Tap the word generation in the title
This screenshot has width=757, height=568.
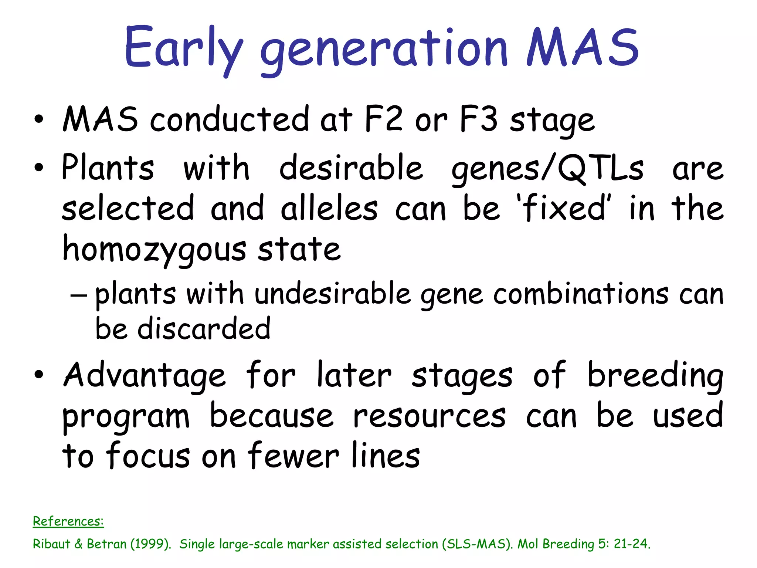tap(384, 50)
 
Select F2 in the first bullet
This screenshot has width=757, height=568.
tap(383, 119)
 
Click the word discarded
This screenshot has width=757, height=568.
tap(204, 329)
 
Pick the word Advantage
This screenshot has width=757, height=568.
tap(145, 376)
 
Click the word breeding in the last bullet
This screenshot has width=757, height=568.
tap(655, 376)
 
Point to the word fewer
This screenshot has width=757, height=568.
tap(293, 456)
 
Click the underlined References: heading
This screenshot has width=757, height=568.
tap(68, 521)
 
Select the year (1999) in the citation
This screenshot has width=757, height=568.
tap(152, 544)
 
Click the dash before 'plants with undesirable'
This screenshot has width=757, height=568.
tap(79, 295)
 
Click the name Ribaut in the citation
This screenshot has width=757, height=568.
tap(51, 544)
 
